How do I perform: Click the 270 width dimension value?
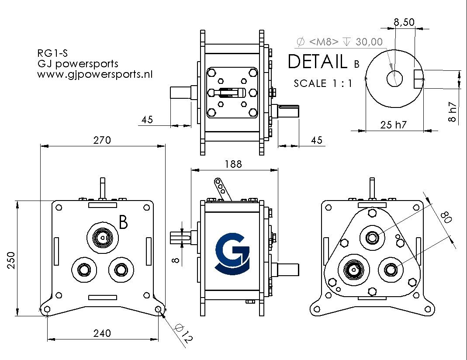point(102,140)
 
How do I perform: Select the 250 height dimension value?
point(11,260)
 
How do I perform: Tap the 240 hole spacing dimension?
point(102,333)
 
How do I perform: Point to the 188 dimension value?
point(233,164)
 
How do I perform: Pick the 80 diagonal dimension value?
point(446,217)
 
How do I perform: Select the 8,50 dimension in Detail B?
point(404,22)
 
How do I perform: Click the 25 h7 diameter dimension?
point(393,125)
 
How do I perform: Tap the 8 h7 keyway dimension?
point(452,112)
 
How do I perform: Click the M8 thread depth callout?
point(340,42)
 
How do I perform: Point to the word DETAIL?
point(318,61)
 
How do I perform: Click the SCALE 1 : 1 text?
point(323,83)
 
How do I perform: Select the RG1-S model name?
point(52,53)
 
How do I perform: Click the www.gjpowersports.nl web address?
point(95,74)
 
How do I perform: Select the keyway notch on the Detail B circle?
point(419,79)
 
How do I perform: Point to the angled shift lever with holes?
point(222,189)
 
